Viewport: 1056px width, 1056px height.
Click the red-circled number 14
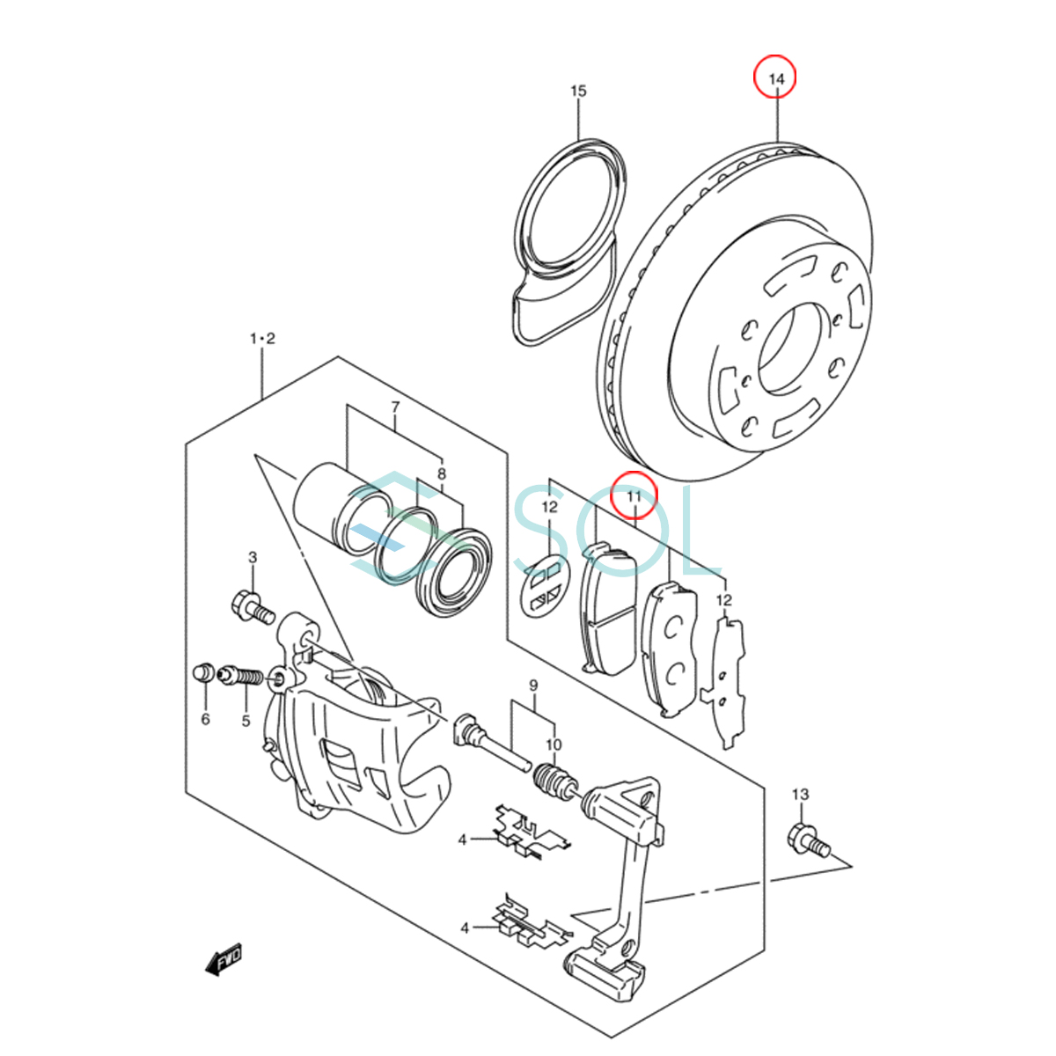coord(775,78)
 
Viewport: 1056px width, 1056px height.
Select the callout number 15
coord(578,92)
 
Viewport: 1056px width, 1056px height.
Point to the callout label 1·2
coord(262,339)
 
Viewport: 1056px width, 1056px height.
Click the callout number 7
coord(395,407)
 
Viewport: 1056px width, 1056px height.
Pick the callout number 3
coord(253,557)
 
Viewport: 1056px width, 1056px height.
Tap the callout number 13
coord(799,795)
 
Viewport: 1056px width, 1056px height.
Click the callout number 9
coord(533,685)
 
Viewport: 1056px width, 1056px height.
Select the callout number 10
coord(553,745)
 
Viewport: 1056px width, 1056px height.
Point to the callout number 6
coord(205,719)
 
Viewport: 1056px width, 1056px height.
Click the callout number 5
coord(246,721)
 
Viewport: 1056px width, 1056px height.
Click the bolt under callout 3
coord(253,607)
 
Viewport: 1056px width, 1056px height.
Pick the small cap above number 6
coord(203,673)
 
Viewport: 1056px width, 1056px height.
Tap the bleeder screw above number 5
coord(241,678)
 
